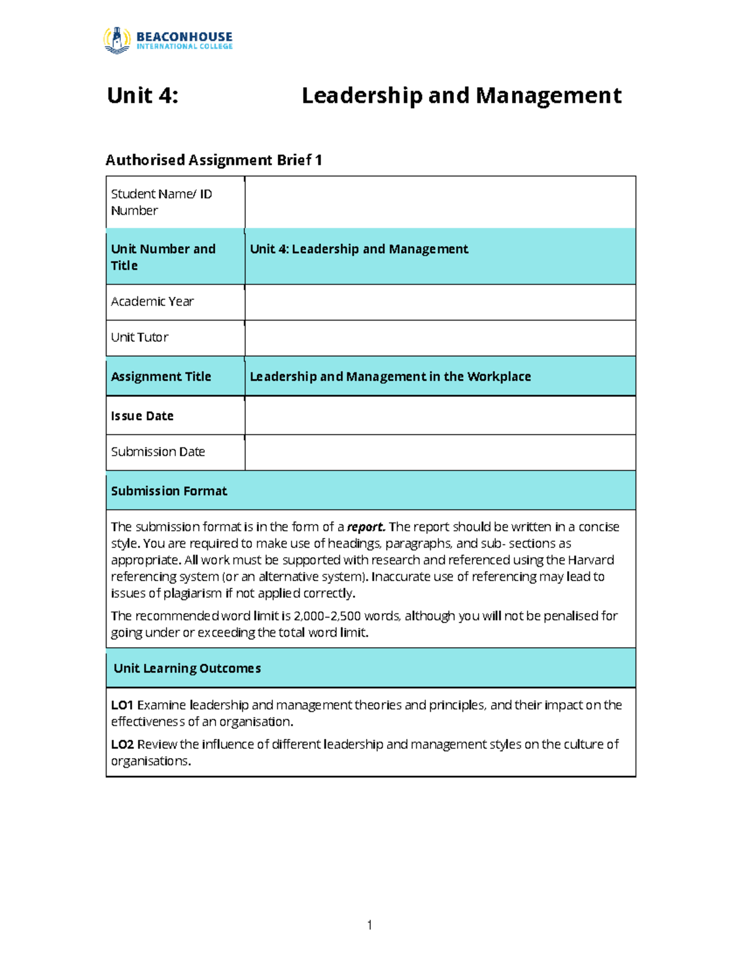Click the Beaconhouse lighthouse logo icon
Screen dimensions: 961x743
coord(116,40)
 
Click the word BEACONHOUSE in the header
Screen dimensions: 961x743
coord(184,37)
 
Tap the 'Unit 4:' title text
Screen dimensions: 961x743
coord(142,96)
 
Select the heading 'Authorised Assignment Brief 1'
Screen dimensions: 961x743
coord(214,160)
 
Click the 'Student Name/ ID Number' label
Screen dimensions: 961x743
coord(161,202)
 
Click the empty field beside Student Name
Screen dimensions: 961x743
coord(440,202)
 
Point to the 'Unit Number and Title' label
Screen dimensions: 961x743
coord(163,257)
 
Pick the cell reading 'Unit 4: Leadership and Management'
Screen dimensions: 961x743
coord(358,249)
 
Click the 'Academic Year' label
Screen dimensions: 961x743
coord(152,301)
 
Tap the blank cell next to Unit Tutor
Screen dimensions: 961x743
coord(440,338)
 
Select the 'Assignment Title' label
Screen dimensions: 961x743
coord(161,376)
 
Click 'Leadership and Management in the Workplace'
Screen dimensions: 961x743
coord(390,376)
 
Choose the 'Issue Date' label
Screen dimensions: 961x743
coord(142,416)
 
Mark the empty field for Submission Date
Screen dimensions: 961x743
coord(440,452)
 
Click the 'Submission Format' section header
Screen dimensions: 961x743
coord(169,491)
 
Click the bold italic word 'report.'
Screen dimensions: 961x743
coord(366,527)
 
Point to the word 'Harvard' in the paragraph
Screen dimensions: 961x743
coord(591,560)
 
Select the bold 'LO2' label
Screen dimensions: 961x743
coord(122,744)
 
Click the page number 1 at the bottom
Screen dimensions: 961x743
coord(370,925)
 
